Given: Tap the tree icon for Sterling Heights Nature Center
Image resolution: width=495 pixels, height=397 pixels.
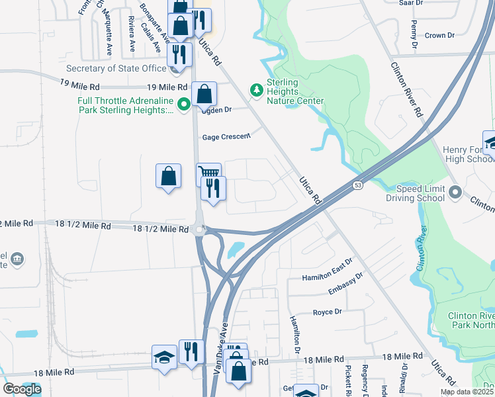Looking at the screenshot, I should point(255,89).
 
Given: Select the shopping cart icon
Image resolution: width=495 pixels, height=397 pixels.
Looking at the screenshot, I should point(208,173).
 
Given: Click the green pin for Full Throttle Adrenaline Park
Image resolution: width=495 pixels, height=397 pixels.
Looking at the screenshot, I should point(185,103).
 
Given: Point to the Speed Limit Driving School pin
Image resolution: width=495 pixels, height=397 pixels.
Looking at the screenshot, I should point(455,193).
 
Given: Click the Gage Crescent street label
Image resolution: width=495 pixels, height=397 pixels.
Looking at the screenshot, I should point(226,136).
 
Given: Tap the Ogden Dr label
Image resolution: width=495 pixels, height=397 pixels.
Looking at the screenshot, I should point(217,110).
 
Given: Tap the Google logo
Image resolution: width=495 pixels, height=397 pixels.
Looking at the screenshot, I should point(22,389).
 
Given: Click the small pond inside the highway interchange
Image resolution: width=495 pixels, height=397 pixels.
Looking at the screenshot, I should point(234,250).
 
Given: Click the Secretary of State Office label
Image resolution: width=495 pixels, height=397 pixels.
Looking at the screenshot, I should point(116,68).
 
